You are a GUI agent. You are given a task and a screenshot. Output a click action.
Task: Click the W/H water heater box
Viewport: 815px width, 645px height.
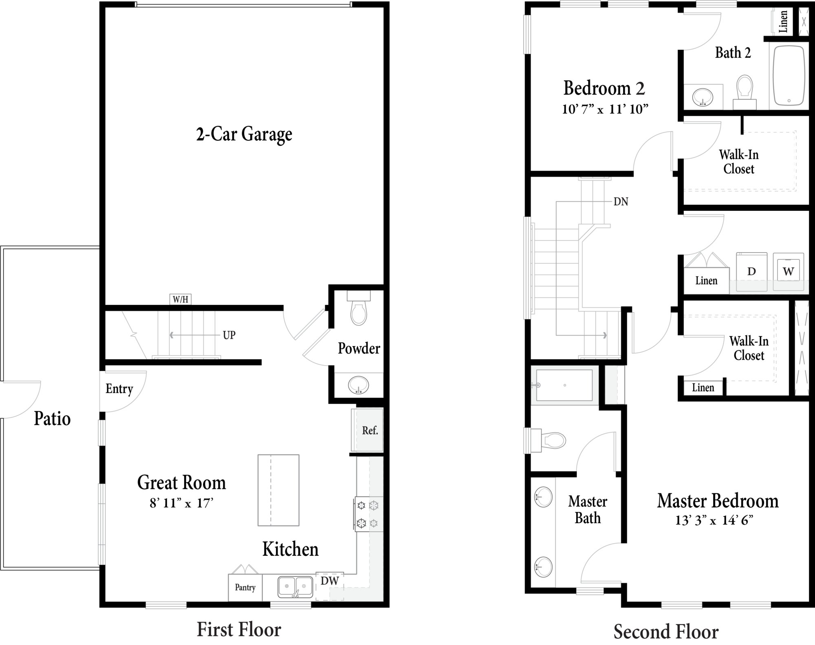click(181, 299)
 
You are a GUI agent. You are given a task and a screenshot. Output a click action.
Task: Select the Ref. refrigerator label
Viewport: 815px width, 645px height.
click(370, 431)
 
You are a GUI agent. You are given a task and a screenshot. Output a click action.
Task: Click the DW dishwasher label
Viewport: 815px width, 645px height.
click(330, 581)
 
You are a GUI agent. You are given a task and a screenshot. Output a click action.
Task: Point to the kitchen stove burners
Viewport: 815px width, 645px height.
click(368, 514)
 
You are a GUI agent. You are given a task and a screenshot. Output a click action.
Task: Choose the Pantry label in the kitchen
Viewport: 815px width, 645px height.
click(245, 588)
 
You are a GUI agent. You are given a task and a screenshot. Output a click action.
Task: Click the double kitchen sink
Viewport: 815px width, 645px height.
click(295, 587)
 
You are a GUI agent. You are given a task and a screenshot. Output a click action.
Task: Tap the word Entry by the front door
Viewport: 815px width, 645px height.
click(119, 389)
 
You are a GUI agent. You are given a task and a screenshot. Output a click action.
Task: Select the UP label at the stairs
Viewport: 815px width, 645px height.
click(229, 335)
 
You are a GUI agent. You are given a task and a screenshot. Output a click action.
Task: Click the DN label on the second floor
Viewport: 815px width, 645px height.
click(621, 202)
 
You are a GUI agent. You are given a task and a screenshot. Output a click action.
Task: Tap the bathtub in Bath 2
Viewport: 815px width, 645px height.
click(789, 75)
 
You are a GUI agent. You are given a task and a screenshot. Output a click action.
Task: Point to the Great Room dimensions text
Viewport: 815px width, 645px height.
click(181, 503)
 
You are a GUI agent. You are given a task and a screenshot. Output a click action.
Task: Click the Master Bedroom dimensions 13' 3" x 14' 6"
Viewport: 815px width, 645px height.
click(714, 521)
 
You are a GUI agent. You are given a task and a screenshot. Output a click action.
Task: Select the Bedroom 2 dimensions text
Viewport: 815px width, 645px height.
click(605, 109)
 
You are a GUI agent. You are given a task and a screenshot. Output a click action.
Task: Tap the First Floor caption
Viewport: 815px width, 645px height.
click(239, 629)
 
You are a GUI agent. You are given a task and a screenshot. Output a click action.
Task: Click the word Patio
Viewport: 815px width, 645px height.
click(52, 419)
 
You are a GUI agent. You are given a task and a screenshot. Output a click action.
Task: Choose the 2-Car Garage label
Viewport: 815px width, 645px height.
click(244, 134)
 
